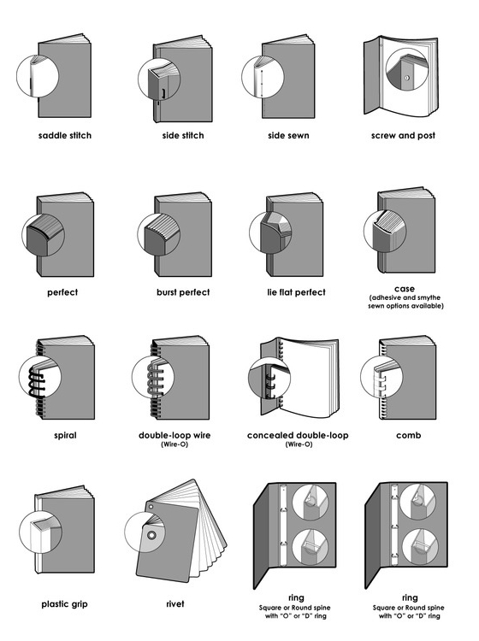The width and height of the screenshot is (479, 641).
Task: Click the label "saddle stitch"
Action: click(65, 136)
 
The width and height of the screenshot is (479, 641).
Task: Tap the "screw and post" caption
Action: click(403, 136)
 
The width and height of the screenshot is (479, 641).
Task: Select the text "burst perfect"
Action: click(182, 292)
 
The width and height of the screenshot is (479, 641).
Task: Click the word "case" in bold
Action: click(405, 288)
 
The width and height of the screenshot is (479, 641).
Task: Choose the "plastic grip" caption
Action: click(65, 603)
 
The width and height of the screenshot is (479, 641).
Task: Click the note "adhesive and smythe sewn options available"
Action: click(405, 302)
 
